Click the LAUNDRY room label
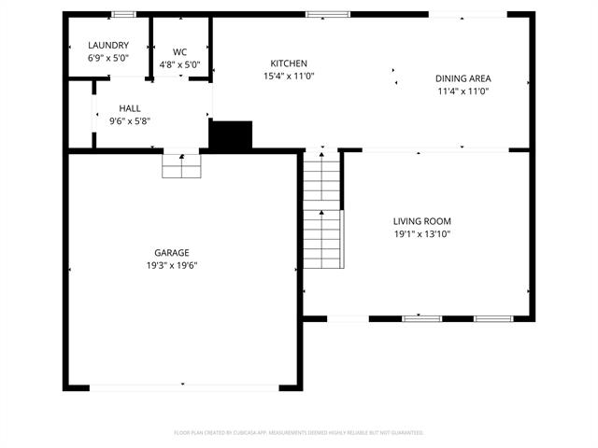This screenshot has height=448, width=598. click(108, 46)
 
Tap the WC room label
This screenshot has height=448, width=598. click(180, 52)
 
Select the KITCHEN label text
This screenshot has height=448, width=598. click(288, 63)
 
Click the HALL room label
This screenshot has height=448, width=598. click(130, 108)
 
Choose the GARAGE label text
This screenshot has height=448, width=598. click(171, 253)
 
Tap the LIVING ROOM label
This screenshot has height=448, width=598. click(421, 221)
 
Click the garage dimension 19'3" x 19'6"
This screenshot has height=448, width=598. click(171, 265)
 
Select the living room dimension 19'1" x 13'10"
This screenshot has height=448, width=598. click(421, 234)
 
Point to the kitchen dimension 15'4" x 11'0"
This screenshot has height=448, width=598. click(288, 76)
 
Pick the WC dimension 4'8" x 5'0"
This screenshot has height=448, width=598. click(180, 65)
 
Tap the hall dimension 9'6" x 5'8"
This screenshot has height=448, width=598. click(130, 120)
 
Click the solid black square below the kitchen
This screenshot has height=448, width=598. click(231, 135)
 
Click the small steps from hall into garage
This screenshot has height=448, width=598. click(181, 165)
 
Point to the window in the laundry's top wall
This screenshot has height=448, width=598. click(122, 15)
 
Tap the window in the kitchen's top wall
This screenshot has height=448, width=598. click(328, 15)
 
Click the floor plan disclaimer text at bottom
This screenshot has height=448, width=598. click(299, 433)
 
